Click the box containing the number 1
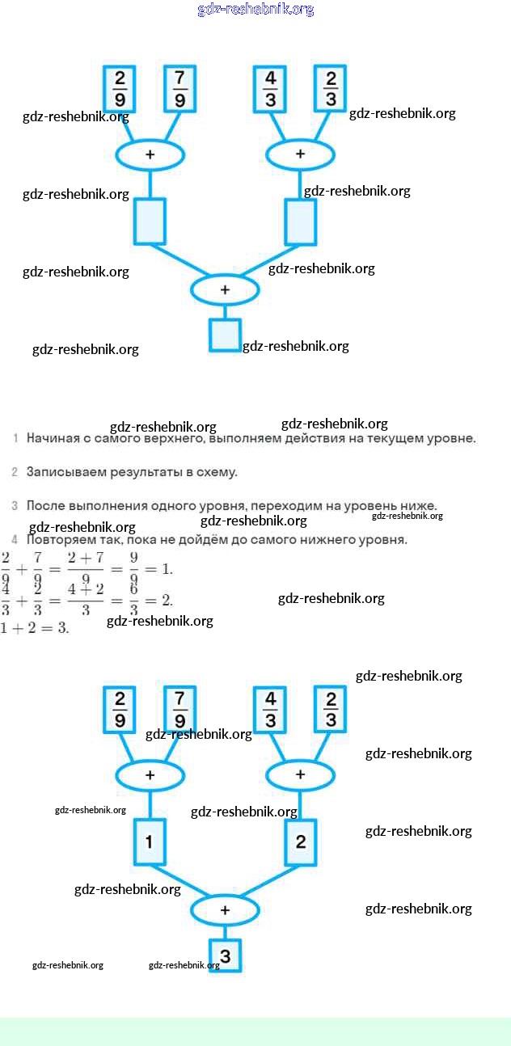[x=150, y=842]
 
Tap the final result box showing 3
[x=226, y=956]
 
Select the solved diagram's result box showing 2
[x=301, y=842]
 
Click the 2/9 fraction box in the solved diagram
[x=120, y=710]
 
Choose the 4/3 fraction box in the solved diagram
[x=271, y=710]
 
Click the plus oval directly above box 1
[x=150, y=775]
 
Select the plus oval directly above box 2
[x=300, y=775]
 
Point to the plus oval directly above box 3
[x=225, y=910]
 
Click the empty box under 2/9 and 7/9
[x=150, y=221]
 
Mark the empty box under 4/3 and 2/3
[x=301, y=221]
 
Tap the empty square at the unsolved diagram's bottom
[x=226, y=335]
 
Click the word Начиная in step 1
[x=53, y=439]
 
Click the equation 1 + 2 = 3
[x=35, y=628]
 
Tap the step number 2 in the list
[x=15, y=471]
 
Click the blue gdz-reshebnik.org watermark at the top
[x=255, y=10]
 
